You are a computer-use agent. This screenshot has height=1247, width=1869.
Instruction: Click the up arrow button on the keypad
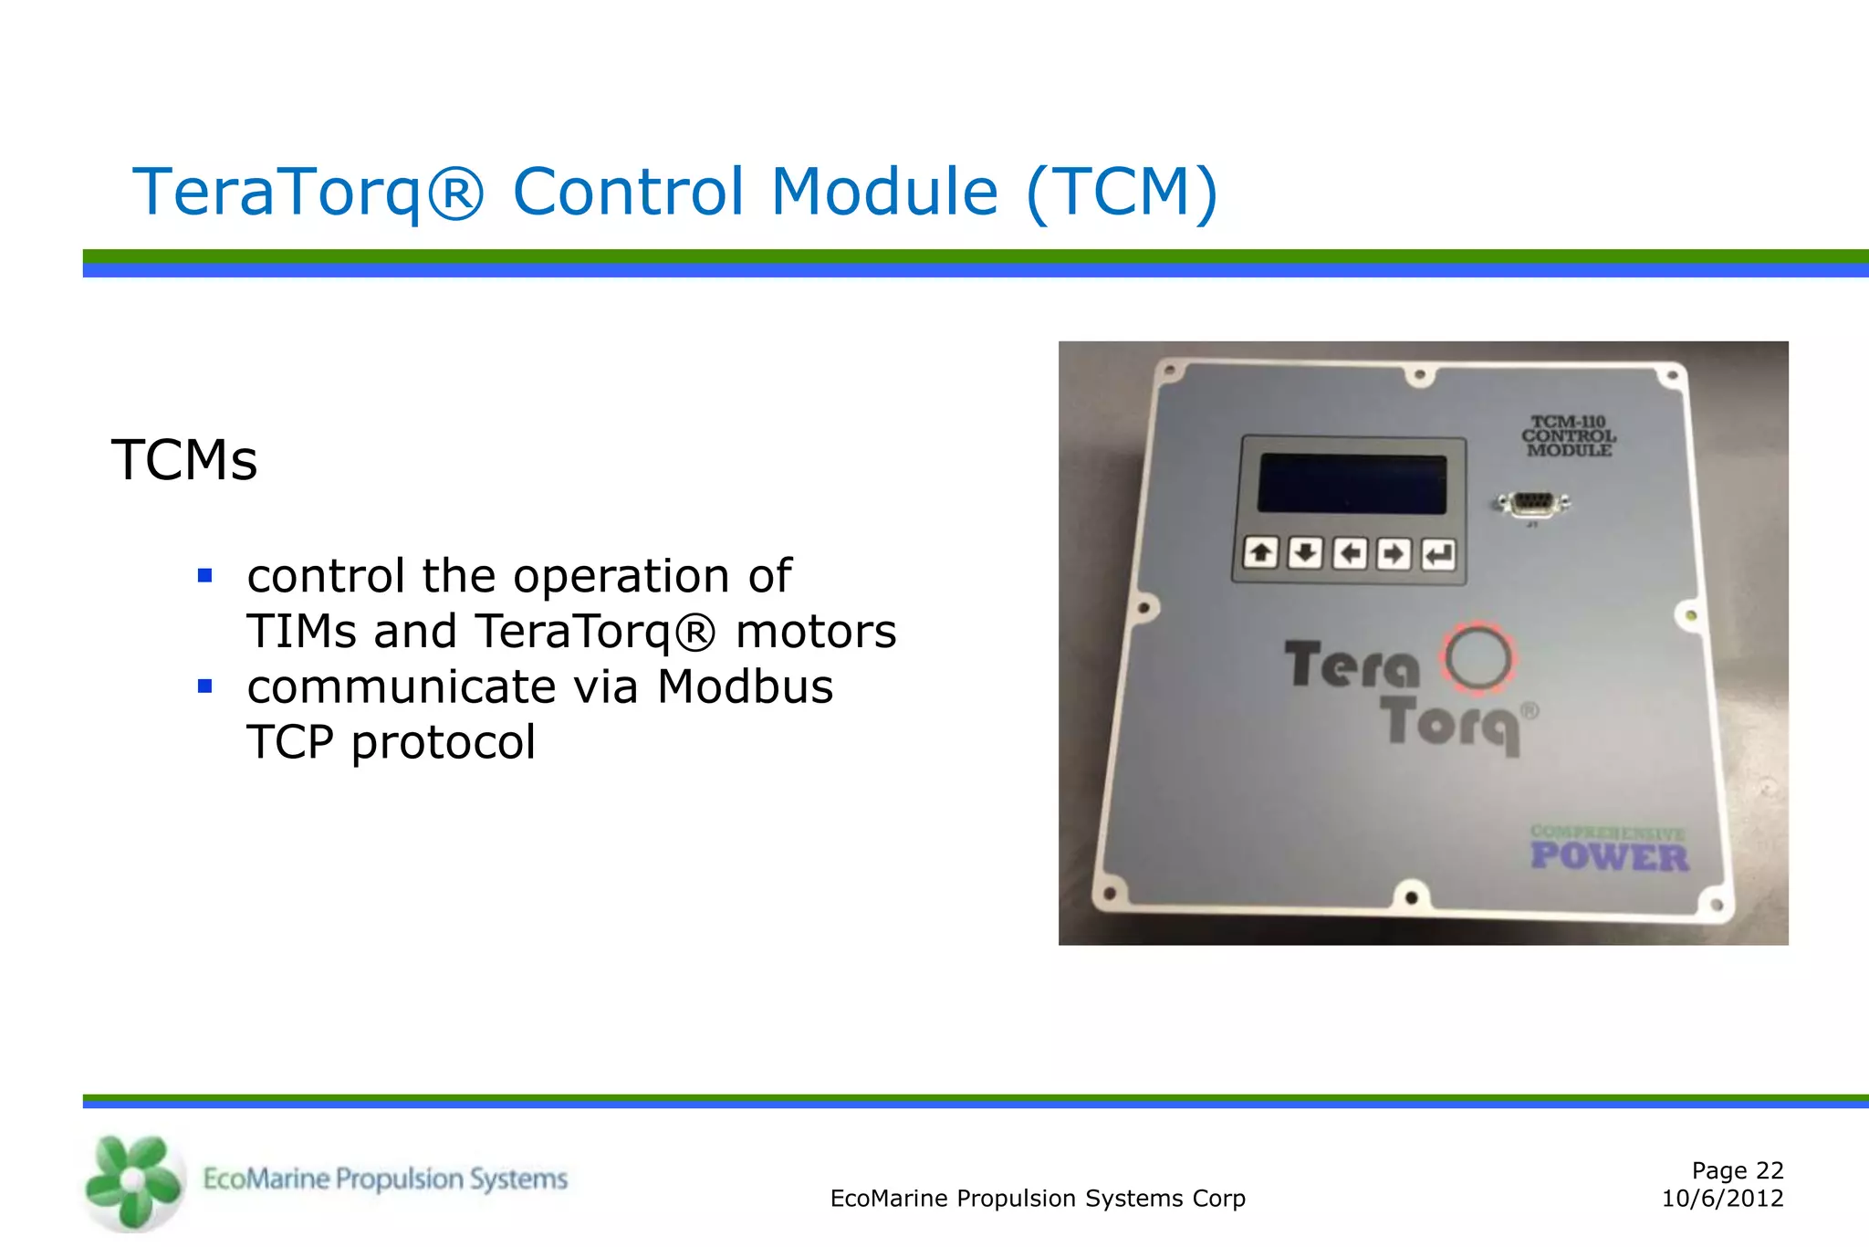point(1261,553)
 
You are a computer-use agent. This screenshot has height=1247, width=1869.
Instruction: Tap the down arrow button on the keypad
point(1306,553)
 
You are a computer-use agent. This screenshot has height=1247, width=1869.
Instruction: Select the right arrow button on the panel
point(1394,554)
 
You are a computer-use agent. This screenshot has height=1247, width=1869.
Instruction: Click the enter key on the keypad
point(1438,554)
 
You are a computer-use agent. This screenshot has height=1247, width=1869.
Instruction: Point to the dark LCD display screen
point(1352,484)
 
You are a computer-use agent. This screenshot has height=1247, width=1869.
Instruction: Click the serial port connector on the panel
point(1532,504)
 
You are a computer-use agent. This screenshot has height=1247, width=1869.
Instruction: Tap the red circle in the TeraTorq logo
point(1477,657)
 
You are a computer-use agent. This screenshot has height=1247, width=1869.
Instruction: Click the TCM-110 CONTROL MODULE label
point(1569,436)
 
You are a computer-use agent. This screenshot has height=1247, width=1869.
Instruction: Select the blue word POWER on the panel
point(1609,857)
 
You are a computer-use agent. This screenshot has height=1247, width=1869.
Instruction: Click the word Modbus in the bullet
point(745,686)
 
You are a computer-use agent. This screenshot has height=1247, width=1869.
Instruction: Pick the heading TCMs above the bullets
point(184,460)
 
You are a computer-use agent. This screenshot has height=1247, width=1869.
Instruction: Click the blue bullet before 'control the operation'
point(205,576)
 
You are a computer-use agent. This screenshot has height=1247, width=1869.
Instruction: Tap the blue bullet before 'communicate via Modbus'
point(205,686)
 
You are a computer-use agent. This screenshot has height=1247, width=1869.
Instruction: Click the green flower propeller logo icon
point(133,1181)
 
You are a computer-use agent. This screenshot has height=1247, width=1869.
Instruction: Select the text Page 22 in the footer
point(1737,1170)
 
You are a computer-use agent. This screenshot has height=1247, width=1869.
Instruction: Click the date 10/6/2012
point(1722,1199)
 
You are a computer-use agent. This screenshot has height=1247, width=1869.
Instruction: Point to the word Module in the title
point(884,192)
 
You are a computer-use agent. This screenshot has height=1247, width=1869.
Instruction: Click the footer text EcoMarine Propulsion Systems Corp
point(1038,1199)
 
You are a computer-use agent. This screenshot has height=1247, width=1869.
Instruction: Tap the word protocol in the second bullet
point(444,742)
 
